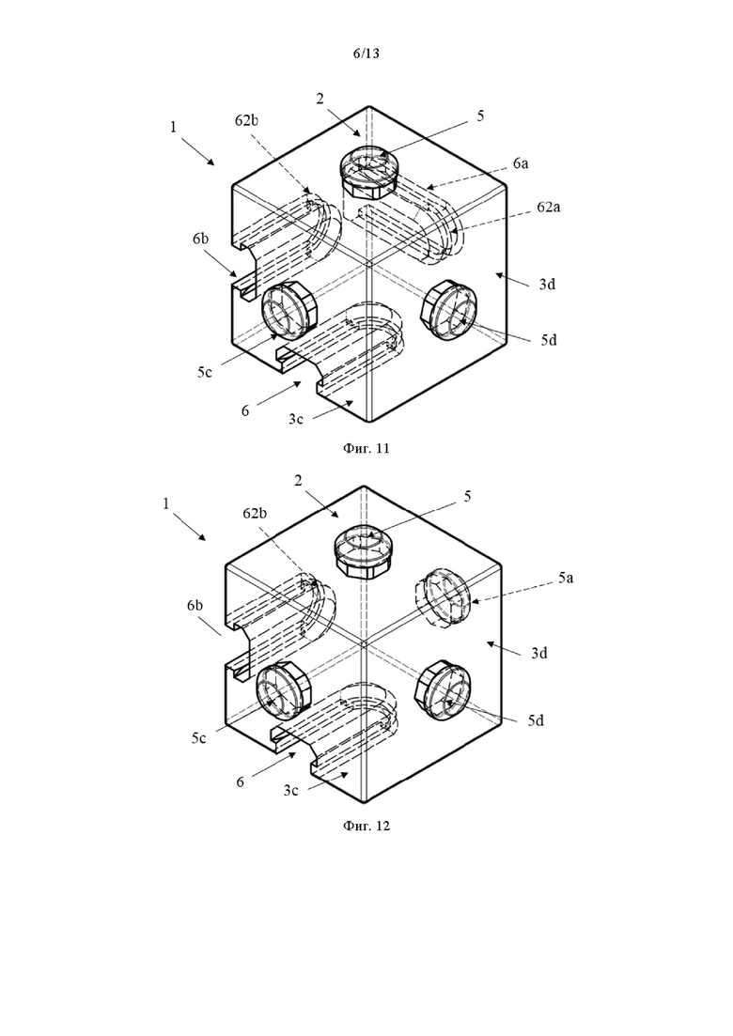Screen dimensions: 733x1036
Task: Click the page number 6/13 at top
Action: click(366, 54)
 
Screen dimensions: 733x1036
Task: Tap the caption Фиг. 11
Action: click(366, 449)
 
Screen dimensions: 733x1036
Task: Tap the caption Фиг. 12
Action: click(366, 826)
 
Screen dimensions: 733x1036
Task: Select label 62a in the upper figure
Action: click(549, 207)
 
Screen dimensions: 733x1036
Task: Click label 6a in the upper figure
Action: click(521, 163)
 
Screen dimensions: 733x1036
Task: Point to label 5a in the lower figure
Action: click(565, 579)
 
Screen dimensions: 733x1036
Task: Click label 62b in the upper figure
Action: click(246, 120)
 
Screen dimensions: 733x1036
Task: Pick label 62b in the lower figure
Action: click(255, 514)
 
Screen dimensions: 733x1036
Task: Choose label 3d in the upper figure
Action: click(547, 284)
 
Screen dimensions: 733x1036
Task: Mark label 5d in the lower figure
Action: click(536, 720)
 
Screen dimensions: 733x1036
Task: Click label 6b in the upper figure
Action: click(200, 239)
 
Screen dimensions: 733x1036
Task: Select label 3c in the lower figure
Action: click(290, 790)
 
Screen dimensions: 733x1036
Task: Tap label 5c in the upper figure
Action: click(204, 372)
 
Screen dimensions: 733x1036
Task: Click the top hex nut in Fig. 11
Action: click(368, 173)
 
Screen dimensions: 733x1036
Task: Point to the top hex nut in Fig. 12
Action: click(364, 551)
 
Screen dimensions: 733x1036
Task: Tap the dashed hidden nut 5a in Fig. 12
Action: click(442, 597)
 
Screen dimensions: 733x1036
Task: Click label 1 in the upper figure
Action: click(174, 126)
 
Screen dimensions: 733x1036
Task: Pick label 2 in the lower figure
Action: click(298, 480)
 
